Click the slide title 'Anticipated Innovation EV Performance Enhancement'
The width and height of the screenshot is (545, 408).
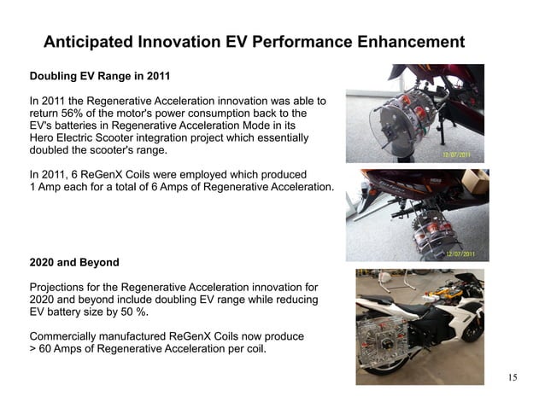pos(254,42)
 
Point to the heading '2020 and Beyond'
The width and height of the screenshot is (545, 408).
pos(74,261)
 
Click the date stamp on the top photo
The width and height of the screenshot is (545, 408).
pos(461,155)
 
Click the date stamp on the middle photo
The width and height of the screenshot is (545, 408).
pos(461,254)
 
